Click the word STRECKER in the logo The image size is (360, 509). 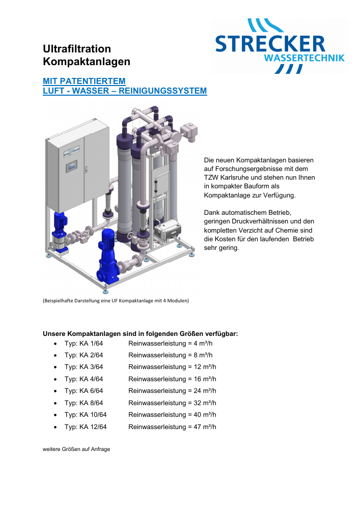(270, 44)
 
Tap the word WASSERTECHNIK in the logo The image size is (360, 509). (304, 58)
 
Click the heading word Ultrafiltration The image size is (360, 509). (77, 49)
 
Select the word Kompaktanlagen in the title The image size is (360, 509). (87, 62)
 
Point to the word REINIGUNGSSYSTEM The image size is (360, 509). (162, 91)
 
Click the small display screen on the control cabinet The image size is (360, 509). (72, 167)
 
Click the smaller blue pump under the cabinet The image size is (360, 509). (60, 231)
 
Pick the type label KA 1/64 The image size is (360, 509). (91, 344)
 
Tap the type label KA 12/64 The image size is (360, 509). (93, 427)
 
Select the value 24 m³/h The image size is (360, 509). (205, 391)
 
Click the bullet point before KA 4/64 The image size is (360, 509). (56, 380)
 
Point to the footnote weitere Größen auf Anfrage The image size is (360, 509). (76, 449)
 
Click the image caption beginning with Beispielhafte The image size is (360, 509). (116, 301)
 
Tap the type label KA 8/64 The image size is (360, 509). (91, 403)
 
